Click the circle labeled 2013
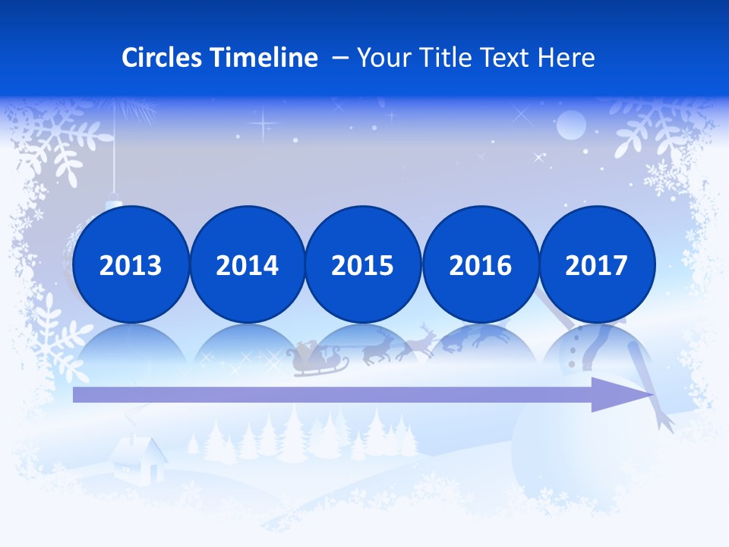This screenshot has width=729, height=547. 131,264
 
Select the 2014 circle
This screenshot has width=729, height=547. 247,264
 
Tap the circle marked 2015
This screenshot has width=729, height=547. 363,264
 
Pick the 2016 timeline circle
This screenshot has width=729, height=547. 480,264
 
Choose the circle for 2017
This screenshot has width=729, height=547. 596,264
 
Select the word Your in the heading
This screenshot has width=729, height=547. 385,58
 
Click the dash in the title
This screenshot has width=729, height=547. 341,58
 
